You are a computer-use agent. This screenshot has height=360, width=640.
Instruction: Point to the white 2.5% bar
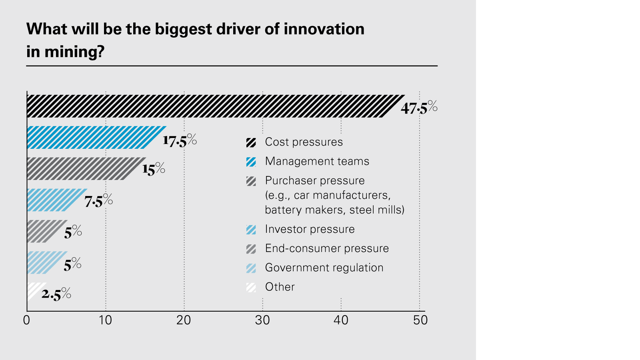tap(35, 292)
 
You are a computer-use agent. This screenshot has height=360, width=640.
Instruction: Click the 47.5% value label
tap(419, 108)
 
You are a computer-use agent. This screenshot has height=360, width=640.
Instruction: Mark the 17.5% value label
tap(180, 140)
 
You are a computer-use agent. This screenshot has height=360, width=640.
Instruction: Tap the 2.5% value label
tap(56, 294)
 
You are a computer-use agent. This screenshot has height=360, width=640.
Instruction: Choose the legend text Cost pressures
tap(304, 142)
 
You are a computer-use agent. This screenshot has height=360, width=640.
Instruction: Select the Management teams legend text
tap(317, 161)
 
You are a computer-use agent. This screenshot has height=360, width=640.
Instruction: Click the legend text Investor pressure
tap(310, 229)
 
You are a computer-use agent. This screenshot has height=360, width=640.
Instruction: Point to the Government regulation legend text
tap(324, 268)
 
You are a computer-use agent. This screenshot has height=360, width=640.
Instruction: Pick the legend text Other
tap(280, 287)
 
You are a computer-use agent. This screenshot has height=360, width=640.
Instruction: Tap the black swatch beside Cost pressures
tap(251, 142)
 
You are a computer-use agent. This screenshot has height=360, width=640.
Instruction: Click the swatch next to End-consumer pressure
tap(251, 249)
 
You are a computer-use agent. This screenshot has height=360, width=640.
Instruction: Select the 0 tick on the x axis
tap(27, 320)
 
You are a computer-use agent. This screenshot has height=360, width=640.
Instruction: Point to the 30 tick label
tap(263, 320)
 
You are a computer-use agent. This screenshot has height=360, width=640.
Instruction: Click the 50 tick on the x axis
tap(420, 320)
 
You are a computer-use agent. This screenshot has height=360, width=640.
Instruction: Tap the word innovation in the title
tap(324, 29)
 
